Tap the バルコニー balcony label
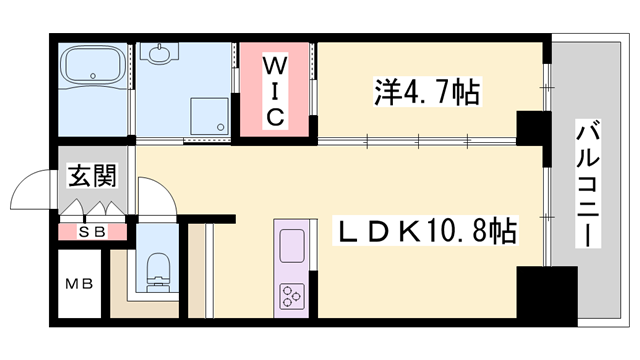coord(588,186)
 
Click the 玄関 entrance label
coord(90,177)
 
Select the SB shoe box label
coord(90,232)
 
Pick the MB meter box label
coord(79,284)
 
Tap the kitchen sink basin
coord(292,245)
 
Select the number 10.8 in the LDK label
coord(461,234)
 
